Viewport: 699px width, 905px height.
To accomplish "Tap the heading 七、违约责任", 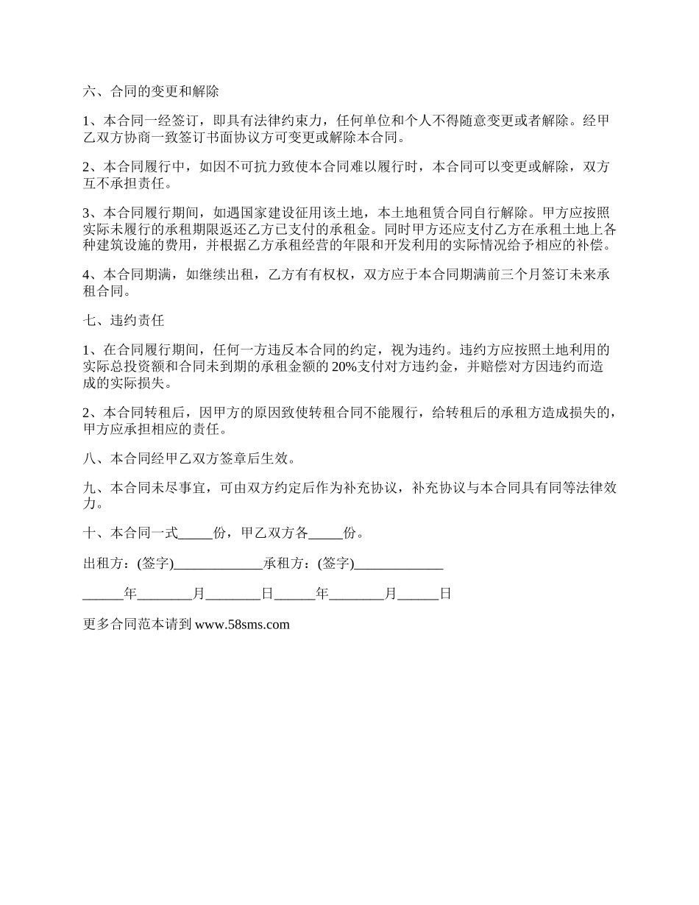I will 124,321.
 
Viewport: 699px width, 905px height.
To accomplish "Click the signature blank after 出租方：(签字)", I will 219,565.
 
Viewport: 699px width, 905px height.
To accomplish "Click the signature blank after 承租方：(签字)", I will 399,565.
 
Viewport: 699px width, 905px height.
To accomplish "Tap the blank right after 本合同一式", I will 196,534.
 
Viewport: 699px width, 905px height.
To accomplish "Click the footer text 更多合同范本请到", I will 138,625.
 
